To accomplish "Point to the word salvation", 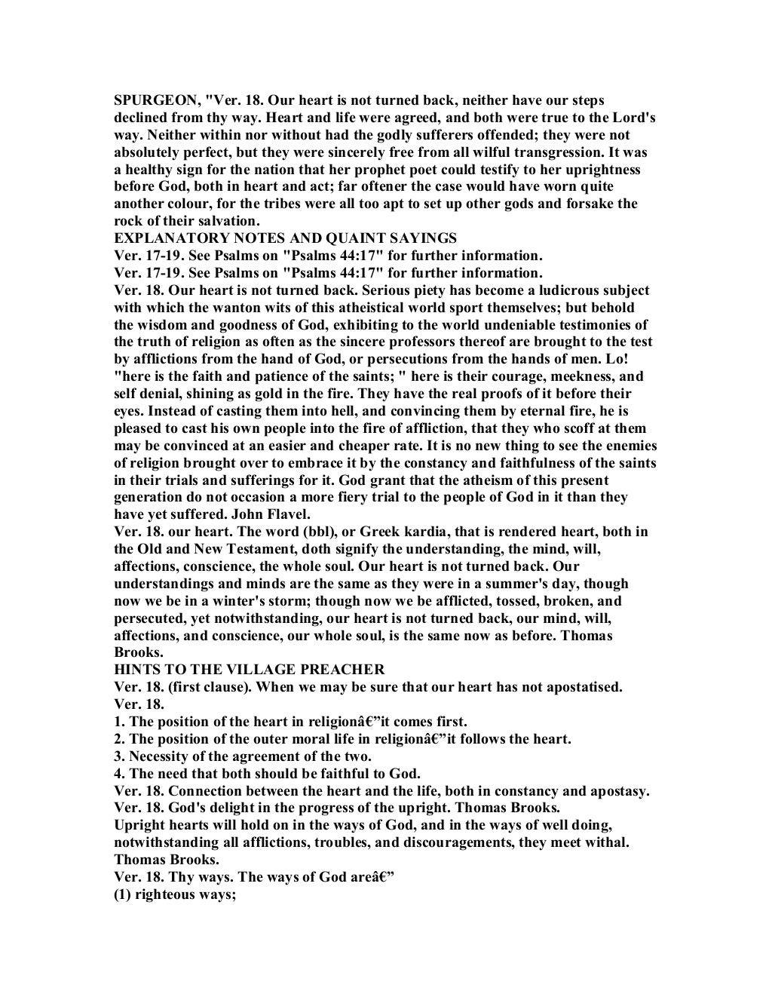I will (x=223, y=221).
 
